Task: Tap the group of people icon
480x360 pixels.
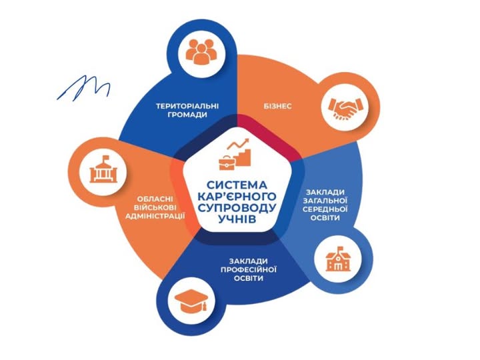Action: [x=201, y=51]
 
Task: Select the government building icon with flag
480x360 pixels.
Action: [x=103, y=169]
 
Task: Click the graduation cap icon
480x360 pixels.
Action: [x=191, y=301]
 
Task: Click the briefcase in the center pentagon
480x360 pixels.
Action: [x=227, y=161]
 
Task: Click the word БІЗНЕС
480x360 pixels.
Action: [x=277, y=106]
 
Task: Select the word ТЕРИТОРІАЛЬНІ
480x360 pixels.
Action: [x=187, y=106]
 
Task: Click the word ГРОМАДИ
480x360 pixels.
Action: [x=187, y=115]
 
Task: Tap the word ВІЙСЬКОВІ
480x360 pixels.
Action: [x=155, y=207]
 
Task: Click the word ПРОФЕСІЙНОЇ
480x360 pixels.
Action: [x=248, y=270]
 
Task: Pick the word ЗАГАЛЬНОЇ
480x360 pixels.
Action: [x=325, y=201]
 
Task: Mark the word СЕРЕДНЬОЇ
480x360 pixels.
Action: [x=325, y=209]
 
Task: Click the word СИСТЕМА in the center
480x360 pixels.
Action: [x=237, y=185]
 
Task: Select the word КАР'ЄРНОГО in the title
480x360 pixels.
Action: [x=237, y=196]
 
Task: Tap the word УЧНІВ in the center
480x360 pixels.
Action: [x=237, y=219]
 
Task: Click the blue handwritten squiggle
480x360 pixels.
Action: [x=83, y=87]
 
